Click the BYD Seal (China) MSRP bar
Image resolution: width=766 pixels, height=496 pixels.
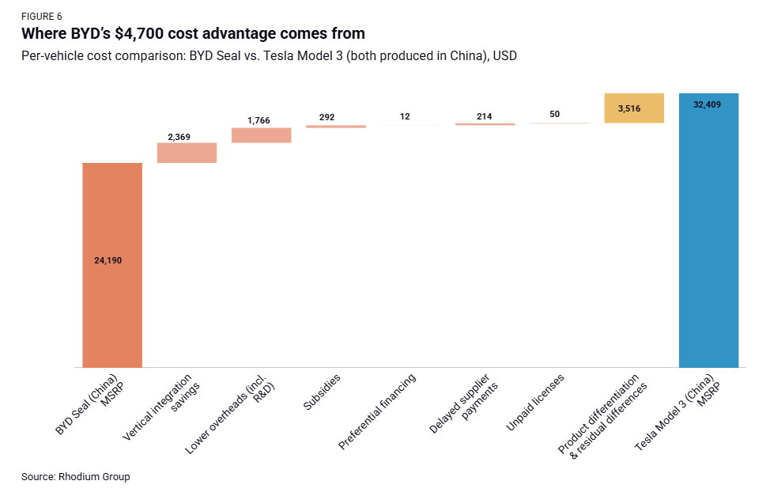[x=112, y=301]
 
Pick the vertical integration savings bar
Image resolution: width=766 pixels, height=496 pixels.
[x=187, y=153]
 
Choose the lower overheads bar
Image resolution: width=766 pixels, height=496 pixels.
[x=262, y=135]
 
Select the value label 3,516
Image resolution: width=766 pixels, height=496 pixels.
[x=634, y=108]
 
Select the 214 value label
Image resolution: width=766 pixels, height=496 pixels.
[x=485, y=116]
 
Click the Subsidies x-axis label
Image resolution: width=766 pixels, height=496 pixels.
[x=323, y=392]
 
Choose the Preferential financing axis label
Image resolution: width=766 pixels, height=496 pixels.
[x=379, y=411]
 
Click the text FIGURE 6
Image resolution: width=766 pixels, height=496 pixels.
[x=42, y=17]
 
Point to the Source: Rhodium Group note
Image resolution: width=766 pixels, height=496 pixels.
[x=75, y=477]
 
